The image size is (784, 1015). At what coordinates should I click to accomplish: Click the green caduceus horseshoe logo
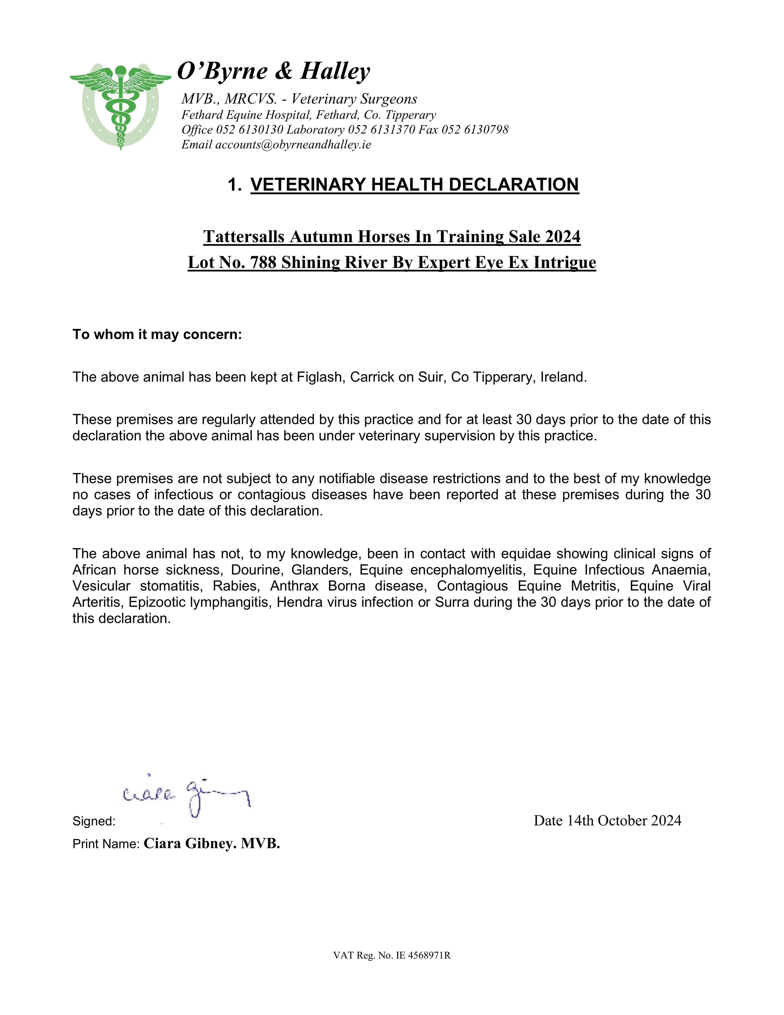pos(120,106)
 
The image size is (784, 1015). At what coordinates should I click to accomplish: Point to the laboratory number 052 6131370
pos(381,130)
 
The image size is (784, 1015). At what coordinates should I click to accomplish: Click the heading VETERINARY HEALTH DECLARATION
pos(415,185)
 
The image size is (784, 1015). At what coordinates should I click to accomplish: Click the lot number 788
pos(263,262)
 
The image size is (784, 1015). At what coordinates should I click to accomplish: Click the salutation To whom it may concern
pos(157,335)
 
